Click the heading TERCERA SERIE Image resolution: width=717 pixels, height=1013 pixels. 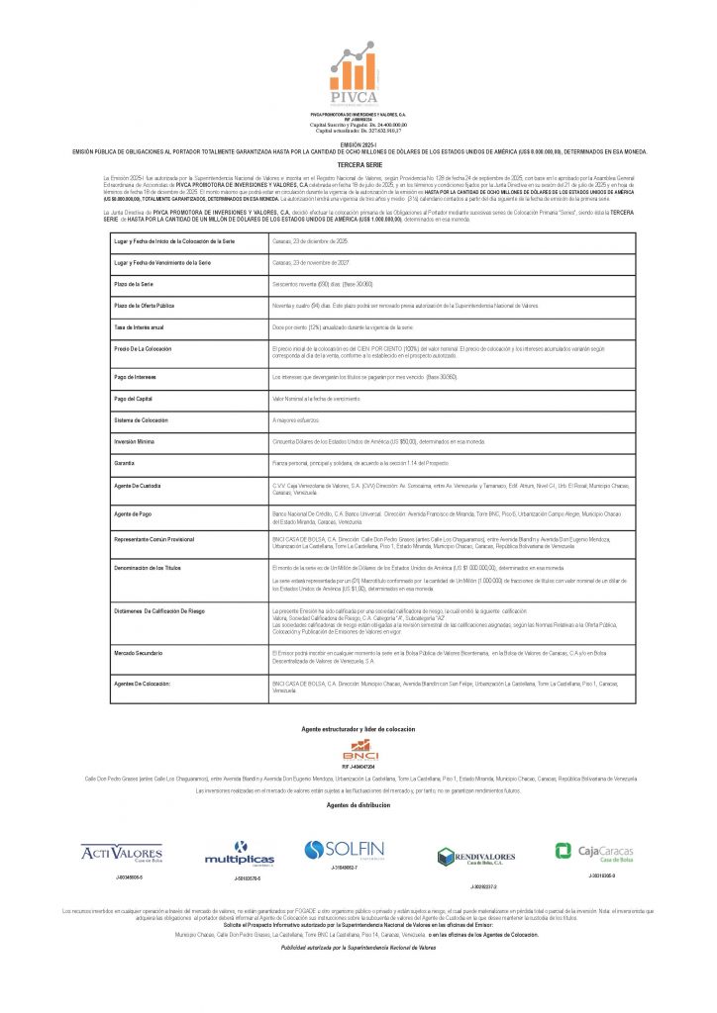point(358,163)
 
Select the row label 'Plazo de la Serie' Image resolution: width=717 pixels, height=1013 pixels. point(134,284)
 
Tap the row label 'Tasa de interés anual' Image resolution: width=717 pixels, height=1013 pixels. point(139,326)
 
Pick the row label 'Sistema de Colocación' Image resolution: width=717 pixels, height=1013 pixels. point(142,420)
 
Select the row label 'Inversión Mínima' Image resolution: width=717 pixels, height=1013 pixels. point(136,441)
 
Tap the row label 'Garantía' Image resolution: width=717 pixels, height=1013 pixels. point(125,462)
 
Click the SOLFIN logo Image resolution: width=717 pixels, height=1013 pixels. point(345,849)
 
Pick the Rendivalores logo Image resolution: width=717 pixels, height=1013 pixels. point(476,857)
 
